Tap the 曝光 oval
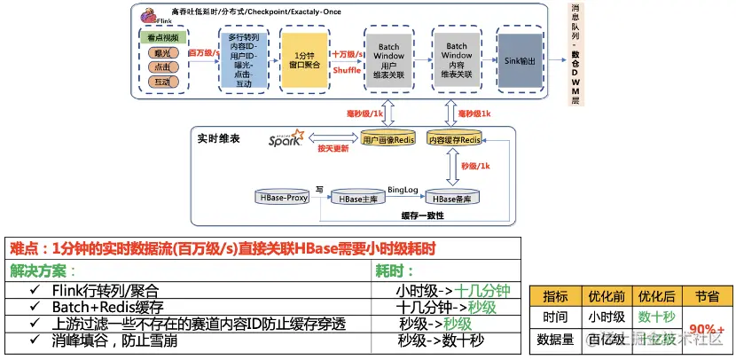(161, 53)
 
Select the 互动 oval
(161, 82)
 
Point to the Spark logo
(286, 138)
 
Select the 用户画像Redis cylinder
(388, 138)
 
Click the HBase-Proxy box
(283, 198)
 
